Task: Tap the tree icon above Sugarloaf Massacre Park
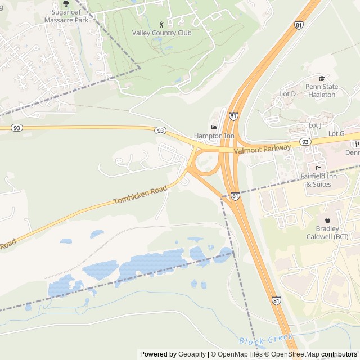[x=66, y=3]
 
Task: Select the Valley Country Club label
[x=161, y=33]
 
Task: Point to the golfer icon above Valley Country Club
[x=162, y=24]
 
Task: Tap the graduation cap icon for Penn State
[x=322, y=79]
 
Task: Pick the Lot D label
[x=287, y=93]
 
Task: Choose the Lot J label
[x=314, y=125]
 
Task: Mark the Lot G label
[x=336, y=133]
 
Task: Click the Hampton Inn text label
[x=214, y=136]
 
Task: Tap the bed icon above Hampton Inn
[x=214, y=127]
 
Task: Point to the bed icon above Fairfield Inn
[x=319, y=168]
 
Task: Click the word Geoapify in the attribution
[x=191, y=354]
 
